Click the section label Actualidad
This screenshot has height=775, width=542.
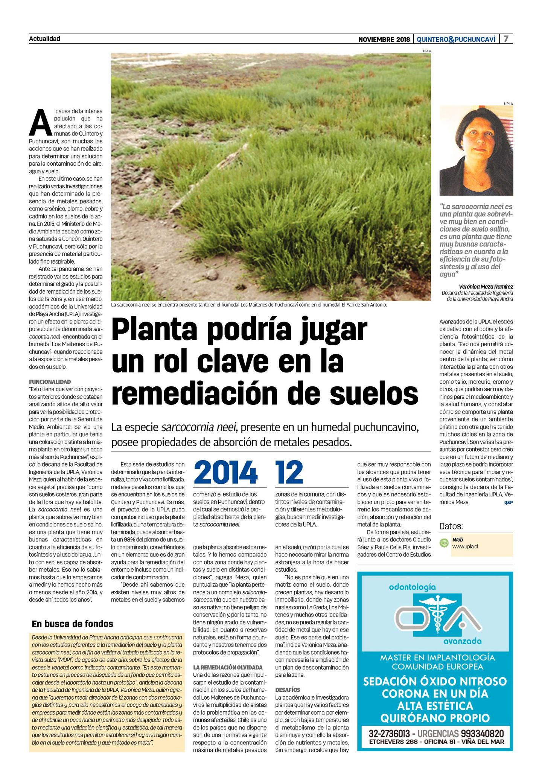pyautogui.click(x=44, y=38)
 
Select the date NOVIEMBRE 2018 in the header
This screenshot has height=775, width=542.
pyautogui.click(x=384, y=39)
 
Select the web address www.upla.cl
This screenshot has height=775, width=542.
pyautogui.click(x=465, y=546)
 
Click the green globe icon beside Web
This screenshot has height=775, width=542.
pyautogui.click(x=444, y=543)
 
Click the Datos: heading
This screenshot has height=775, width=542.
pyautogui.click(x=451, y=526)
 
